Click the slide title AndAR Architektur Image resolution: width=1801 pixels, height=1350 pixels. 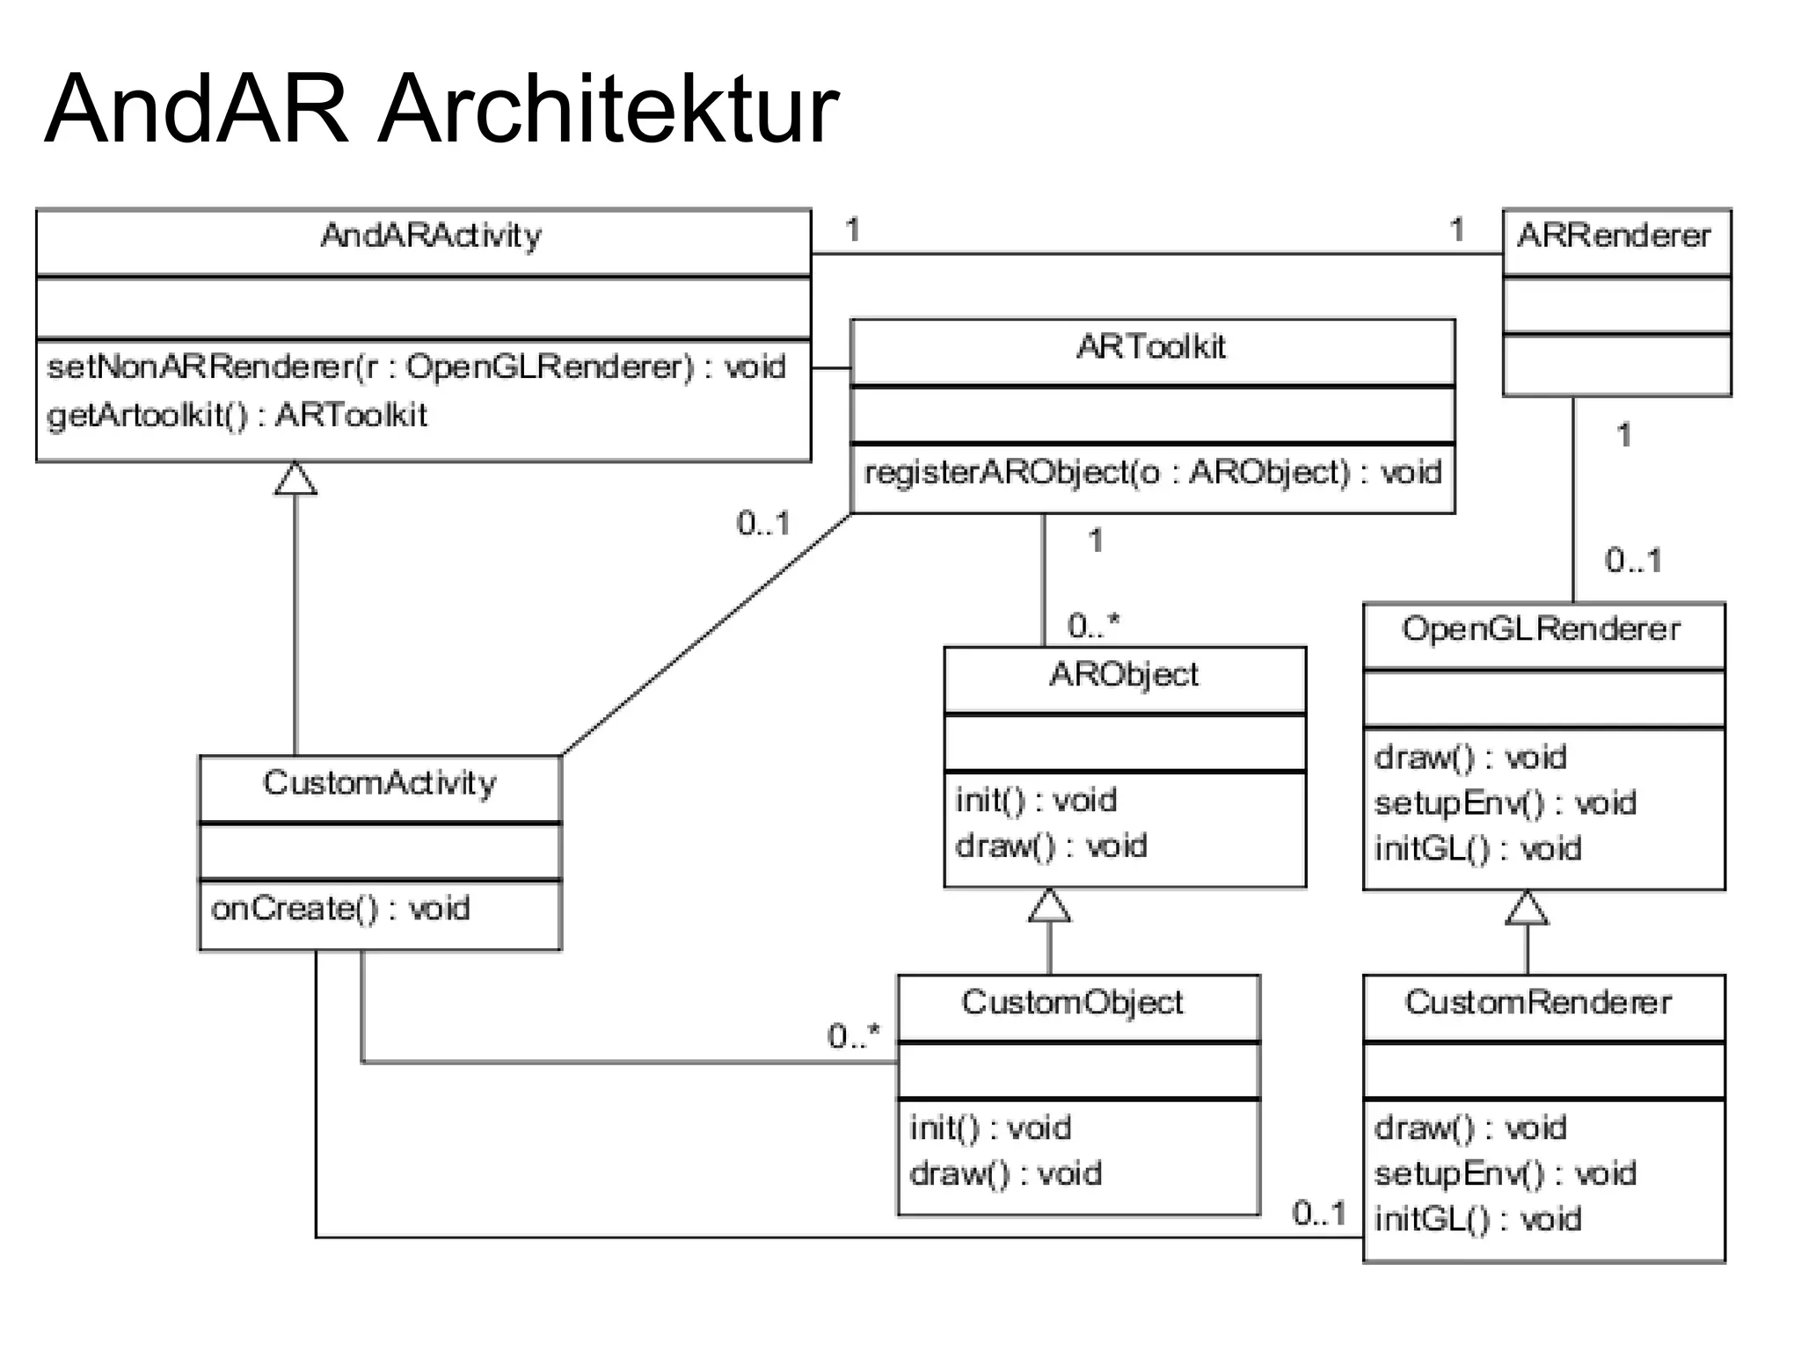tap(441, 109)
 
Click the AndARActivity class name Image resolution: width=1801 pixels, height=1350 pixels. tap(431, 236)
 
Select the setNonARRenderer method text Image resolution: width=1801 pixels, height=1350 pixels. tap(416, 367)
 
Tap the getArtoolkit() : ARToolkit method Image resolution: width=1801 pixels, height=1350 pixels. tap(237, 415)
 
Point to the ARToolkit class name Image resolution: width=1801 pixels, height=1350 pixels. tap(1150, 347)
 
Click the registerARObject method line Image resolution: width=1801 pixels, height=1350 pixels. tap(1152, 473)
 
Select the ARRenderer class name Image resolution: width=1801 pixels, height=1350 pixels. tap(1615, 236)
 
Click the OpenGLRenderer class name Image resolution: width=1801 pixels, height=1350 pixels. tap(1541, 629)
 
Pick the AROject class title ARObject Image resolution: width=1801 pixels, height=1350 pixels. tap(1123, 675)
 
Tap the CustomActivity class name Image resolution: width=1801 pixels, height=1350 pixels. tap(379, 783)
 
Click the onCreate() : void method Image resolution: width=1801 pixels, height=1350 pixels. tap(340, 908)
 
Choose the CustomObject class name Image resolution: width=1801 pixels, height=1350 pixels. tap(1072, 1002)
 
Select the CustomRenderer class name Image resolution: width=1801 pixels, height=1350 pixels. tap(1538, 1002)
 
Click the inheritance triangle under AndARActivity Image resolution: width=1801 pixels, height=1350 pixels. tap(295, 479)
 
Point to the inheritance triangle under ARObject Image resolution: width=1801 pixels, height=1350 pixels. tap(1049, 906)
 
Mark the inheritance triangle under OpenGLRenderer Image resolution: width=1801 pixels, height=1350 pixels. tap(1527, 909)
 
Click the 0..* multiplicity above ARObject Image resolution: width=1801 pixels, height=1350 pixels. tap(1093, 626)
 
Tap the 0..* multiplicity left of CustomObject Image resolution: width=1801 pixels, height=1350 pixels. tap(853, 1036)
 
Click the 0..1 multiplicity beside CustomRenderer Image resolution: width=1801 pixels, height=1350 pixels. tap(1319, 1214)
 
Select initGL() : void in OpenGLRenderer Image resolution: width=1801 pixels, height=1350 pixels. tap(1477, 849)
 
